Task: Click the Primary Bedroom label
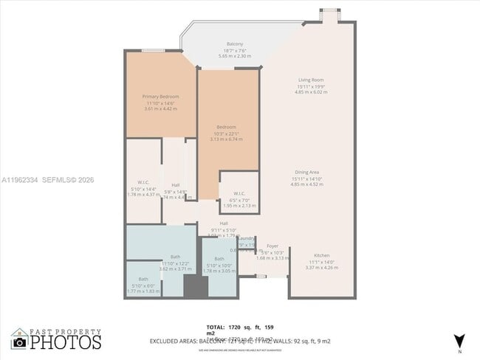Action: pos(160,96)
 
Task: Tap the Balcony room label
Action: pos(235,44)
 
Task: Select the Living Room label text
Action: pos(311,80)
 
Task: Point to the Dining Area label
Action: pos(310,172)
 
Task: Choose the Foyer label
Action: pos(272,246)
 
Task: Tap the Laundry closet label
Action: pos(246,238)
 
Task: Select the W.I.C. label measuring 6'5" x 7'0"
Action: pos(238,194)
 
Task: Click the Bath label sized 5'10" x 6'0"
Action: pos(143,279)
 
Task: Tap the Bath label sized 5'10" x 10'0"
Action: pos(219,259)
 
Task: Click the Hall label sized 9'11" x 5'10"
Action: pos(223,223)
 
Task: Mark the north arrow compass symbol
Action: pos(459,341)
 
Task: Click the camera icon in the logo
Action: pos(20,342)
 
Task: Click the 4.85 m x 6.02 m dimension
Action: pos(310,92)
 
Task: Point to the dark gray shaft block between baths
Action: pos(193,285)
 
